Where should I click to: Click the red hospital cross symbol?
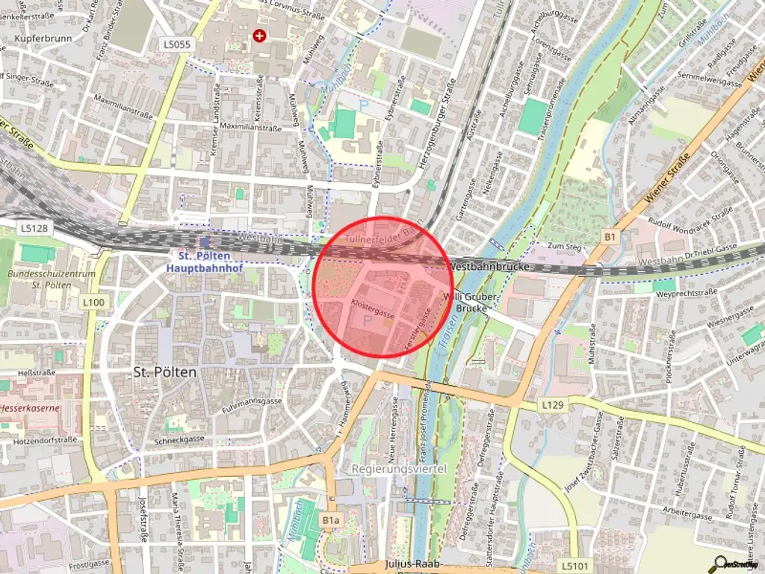point(259,35)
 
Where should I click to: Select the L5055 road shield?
point(177,45)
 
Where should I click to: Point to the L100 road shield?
point(93,301)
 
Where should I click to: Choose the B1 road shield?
point(611,237)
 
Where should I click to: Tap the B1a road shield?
point(332,519)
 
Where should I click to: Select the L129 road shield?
point(551,404)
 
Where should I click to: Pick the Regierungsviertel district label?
point(398,469)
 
